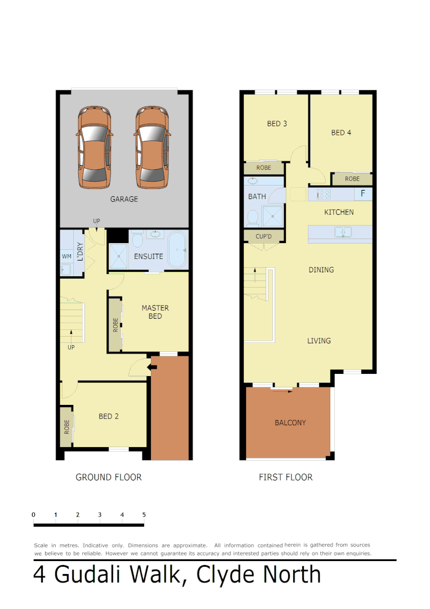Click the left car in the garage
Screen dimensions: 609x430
pos(94,148)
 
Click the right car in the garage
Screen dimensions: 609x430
pos(151,148)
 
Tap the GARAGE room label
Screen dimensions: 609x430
pos(124,199)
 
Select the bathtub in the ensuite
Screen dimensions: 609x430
pos(178,249)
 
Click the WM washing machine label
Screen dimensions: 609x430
pos(66,256)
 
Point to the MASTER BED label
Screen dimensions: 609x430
pos(155,312)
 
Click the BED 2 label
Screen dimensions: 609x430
pos(109,416)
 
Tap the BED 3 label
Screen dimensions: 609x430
pos(277,123)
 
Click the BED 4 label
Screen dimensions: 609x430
pos(341,133)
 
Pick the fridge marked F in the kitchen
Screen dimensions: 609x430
pos(363,194)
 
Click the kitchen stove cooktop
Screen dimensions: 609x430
pos(324,194)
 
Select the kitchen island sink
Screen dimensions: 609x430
pos(343,232)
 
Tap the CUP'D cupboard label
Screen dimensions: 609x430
pos(263,236)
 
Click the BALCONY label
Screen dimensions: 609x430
pos(290,422)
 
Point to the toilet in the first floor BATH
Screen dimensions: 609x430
pos(253,217)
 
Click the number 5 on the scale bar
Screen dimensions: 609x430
pos(144,514)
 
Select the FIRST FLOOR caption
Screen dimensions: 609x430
pos(285,477)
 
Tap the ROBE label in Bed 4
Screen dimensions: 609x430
pos(352,179)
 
